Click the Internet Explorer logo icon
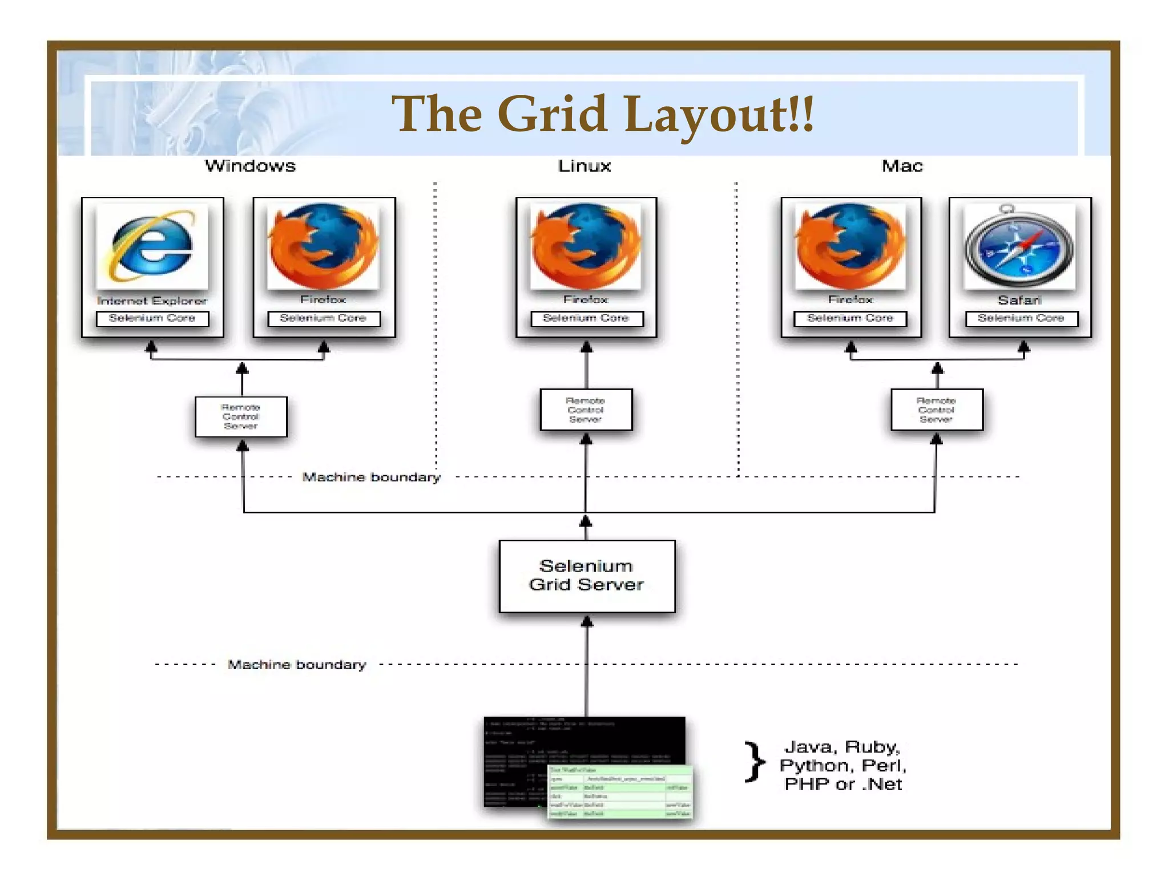152,247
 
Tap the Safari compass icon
1019,247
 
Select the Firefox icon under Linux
586,247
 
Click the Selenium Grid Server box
587,576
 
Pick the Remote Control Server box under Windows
241,417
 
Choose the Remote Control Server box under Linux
586,410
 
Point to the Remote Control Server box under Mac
936,410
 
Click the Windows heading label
251,166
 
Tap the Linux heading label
584,166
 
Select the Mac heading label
902,166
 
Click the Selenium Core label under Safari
1021,318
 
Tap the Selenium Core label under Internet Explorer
152,318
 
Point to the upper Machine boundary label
371,477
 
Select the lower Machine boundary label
297,665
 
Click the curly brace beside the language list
755,762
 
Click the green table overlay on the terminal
620,792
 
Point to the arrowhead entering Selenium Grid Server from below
587,621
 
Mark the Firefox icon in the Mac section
850,247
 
